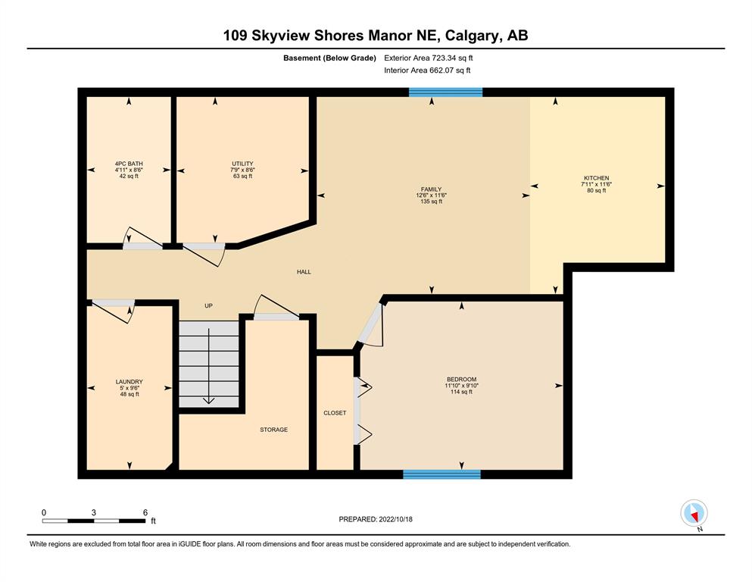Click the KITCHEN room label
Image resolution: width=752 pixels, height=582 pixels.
[596, 178]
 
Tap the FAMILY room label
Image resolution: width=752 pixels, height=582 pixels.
[431, 189]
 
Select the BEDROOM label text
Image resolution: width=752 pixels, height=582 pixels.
[461, 380]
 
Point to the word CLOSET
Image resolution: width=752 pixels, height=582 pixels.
[335, 413]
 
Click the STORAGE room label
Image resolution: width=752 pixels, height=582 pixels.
[274, 430]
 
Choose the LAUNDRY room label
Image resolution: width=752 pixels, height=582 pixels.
[129, 382]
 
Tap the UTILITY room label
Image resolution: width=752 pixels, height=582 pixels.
[242, 164]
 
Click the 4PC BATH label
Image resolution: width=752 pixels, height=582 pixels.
[129, 164]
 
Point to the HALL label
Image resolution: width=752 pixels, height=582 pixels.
[304, 272]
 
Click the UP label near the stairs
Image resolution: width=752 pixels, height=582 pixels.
[208, 305]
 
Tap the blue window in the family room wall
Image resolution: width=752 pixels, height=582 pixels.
[445, 92]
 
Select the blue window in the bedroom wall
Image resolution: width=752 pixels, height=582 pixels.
[442, 474]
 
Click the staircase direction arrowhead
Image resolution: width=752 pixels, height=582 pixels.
[208, 401]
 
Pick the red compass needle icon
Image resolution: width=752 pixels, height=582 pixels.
[694, 516]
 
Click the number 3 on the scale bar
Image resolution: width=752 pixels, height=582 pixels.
[93, 512]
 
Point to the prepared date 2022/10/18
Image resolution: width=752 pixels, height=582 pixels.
[395, 519]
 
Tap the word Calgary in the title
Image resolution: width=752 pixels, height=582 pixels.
[472, 36]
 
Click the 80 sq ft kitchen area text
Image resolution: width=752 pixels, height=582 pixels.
[596, 190]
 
